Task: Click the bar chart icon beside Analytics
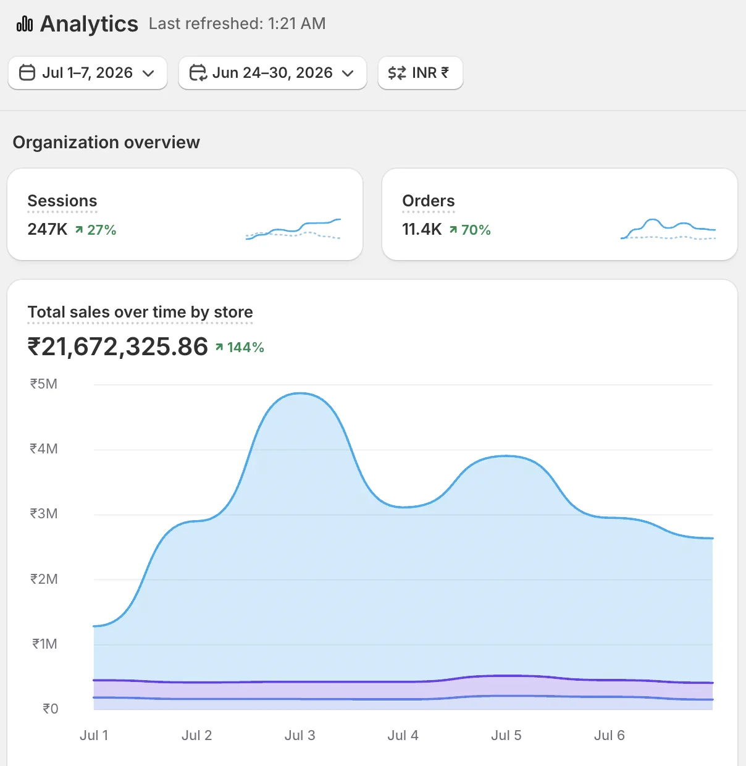tap(25, 23)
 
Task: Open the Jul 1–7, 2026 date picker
tap(87, 73)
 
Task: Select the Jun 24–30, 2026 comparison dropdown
tap(272, 73)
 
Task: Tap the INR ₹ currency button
tap(420, 73)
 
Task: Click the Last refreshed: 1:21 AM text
tap(237, 23)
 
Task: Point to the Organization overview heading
tap(106, 142)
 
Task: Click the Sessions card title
tap(62, 201)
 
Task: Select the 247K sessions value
tap(47, 229)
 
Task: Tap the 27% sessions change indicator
tap(96, 230)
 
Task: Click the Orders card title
tap(428, 201)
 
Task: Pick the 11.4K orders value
tap(422, 229)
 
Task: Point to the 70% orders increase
tap(470, 230)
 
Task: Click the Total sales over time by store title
tap(140, 312)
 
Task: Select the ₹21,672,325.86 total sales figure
tap(118, 347)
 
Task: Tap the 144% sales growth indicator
tap(240, 348)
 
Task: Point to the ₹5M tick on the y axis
tap(44, 384)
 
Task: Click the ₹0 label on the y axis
tap(51, 709)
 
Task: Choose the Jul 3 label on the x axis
tap(300, 735)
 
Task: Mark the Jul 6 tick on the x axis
tap(609, 735)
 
